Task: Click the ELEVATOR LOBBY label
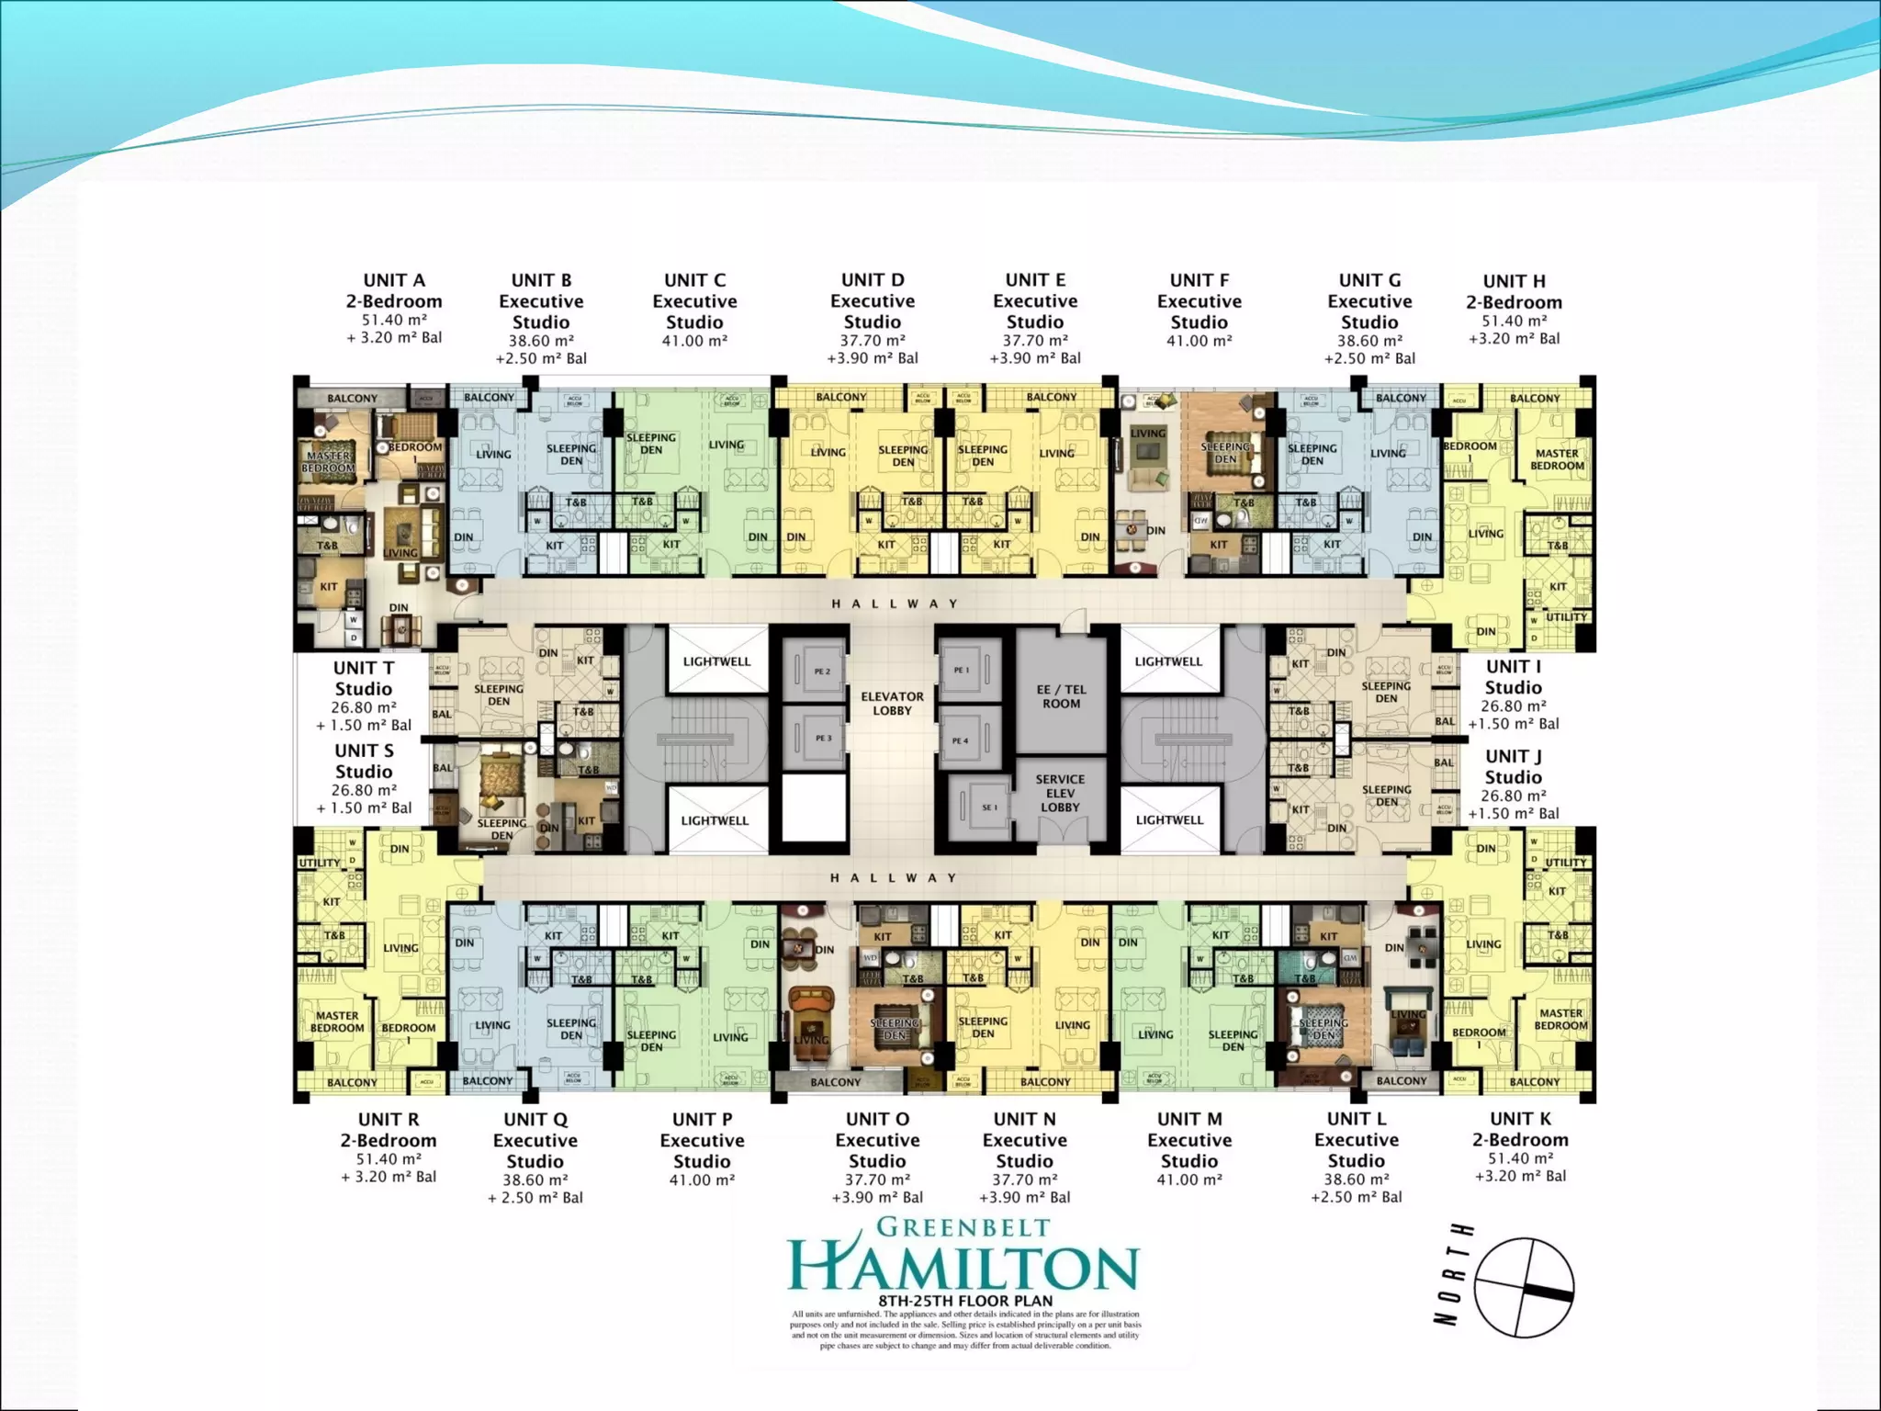coord(892,704)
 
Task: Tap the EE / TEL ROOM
coord(1061,696)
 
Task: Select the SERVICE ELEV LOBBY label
coord(1060,793)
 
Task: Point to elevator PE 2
coord(821,672)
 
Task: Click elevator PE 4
coord(960,740)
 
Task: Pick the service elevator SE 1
coord(988,807)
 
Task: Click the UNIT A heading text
coord(394,280)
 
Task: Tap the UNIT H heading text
coord(1514,281)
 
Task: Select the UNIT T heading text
coord(364,668)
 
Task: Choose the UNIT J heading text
coord(1513,756)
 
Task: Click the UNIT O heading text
coord(877,1119)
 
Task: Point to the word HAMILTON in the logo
coord(963,1268)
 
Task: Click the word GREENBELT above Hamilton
coord(963,1227)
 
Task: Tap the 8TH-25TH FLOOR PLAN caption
coord(965,1301)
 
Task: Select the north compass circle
coord(1525,1287)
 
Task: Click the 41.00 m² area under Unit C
coord(694,341)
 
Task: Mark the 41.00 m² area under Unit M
coord(1189,1180)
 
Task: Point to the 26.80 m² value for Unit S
coord(364,790)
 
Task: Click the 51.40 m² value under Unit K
coord(1520,1158)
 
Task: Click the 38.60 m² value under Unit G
coord(1369,341)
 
